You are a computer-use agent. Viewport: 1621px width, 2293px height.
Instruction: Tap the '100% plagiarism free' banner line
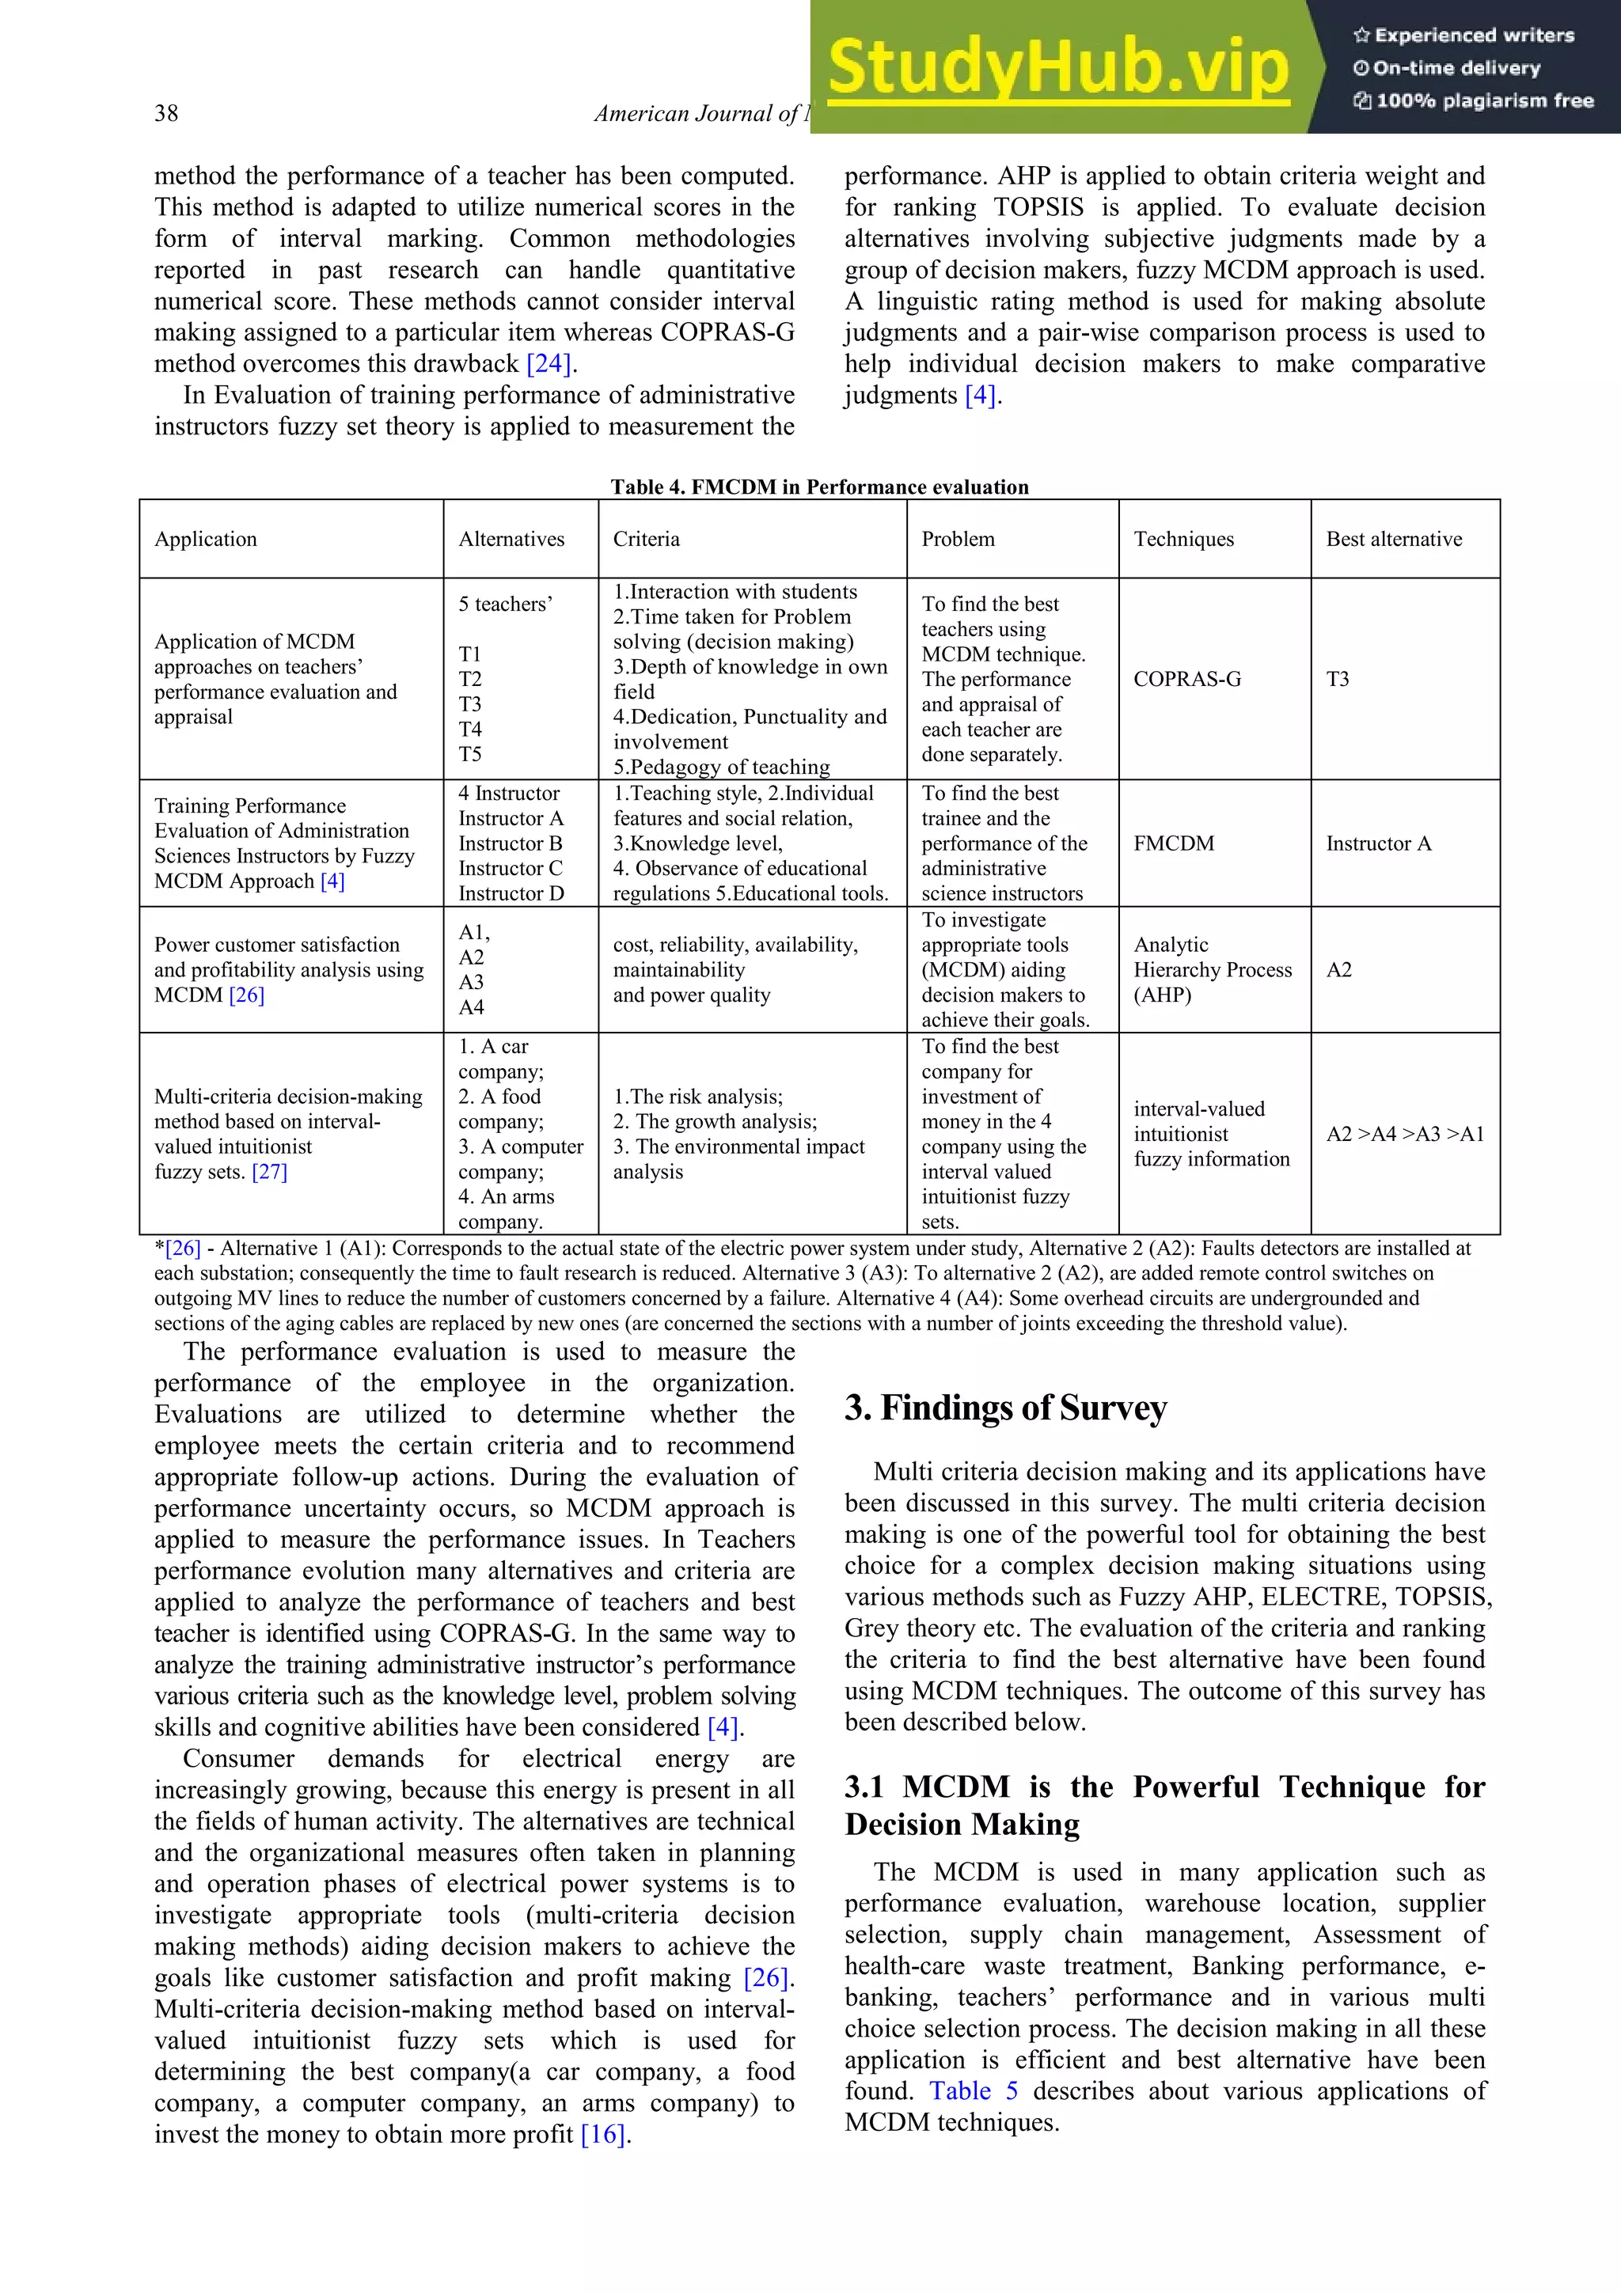point(1475,100)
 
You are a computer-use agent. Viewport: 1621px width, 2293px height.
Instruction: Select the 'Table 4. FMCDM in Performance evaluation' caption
point(819,487)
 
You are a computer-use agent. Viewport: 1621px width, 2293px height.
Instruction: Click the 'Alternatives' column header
point(511,540)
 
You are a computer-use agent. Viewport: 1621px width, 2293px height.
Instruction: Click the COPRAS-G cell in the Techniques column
point(1186,679)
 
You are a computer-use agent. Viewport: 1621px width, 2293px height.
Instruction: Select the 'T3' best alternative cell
point(1338,679)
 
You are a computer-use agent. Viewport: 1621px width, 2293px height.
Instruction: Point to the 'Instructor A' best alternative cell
point(1378,844)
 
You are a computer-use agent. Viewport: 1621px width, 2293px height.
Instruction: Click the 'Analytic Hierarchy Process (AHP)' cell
point(1212,970)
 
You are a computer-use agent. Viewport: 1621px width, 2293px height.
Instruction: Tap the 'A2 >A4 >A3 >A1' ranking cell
point(1404,1134)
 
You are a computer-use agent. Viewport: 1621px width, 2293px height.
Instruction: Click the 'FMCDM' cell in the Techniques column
point(1174,844)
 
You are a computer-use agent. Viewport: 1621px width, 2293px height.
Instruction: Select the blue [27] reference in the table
point(270,1172)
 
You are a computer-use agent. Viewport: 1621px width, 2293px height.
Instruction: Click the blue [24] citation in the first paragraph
point(549,363)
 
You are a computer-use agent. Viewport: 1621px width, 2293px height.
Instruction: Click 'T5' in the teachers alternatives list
point(469,754)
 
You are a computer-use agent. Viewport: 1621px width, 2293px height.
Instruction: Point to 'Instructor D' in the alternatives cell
point(511,894)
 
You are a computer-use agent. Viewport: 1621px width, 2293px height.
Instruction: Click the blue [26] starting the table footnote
point(183,1249)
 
